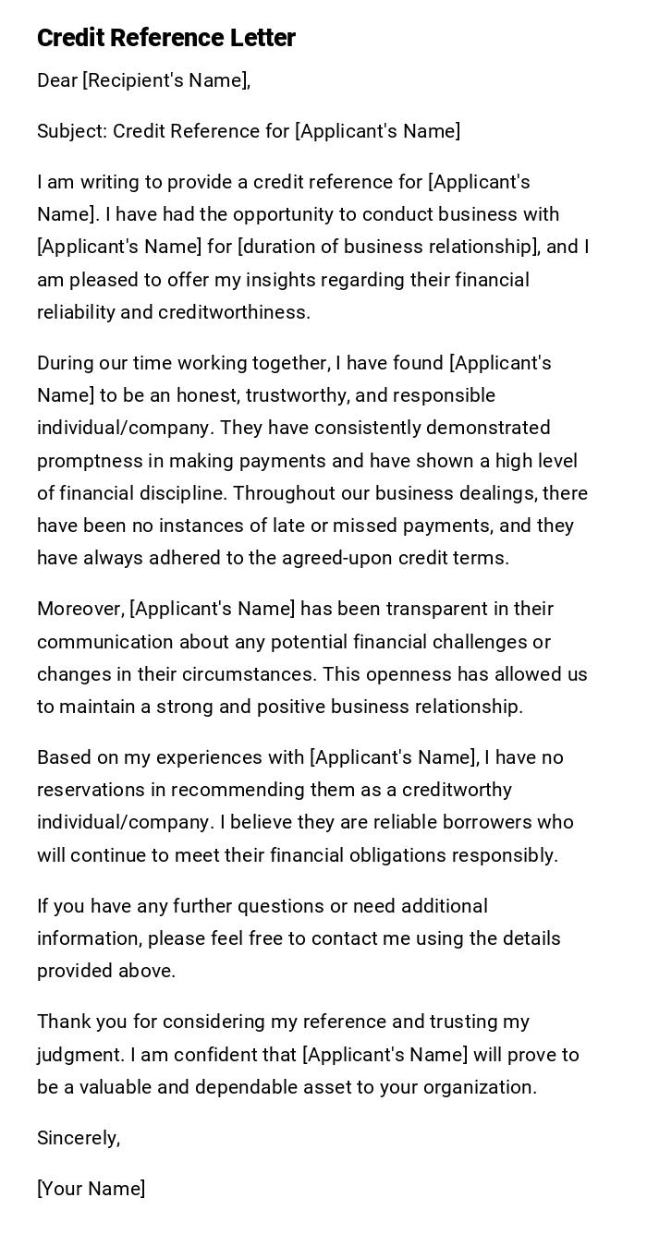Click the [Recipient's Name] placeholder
[165, 80]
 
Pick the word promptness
[90, 461]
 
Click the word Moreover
[79, 609]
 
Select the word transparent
[438, 609]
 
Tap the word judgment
[80, 1055]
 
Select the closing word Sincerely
[78, 1138]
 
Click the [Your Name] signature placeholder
[91, 1189]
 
